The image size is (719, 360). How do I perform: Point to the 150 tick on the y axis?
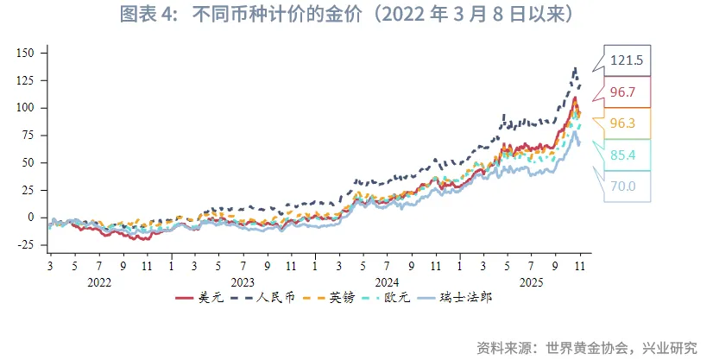pos(25,53)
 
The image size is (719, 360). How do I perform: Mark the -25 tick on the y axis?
pos(25,245)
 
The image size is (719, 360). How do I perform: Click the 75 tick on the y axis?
pos(28,135)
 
